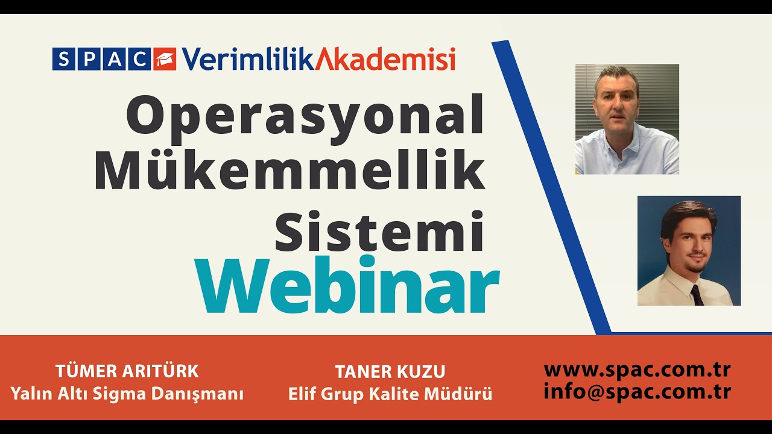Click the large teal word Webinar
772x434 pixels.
(x=347, y=285)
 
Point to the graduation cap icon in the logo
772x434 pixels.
(x=165, y=59)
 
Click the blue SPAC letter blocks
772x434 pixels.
(x=101, y=59)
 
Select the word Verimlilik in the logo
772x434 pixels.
(x=247, y=59)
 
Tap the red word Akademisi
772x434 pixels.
(x=386, y=59)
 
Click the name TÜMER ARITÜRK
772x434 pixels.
(x=127, y=371)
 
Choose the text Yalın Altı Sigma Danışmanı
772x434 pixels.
(x=127, y=394)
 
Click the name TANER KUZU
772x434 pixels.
(x=390, y=371)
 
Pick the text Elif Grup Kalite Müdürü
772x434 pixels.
(x=390, y=394)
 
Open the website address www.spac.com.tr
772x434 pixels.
(x=637, y=369)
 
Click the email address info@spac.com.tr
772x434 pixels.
(x=637, y=392)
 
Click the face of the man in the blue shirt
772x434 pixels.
(x=616, y=102)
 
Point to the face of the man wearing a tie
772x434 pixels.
(x=689, y=247)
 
